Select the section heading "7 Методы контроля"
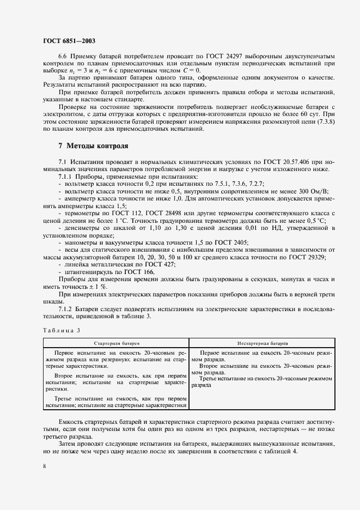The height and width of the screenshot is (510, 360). pyautogui.click(x=93, y=146)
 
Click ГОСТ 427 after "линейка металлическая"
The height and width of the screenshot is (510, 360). pyautogui.click(x=158, y=264)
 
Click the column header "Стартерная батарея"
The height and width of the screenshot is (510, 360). pyautogui.click(x=116, y=344)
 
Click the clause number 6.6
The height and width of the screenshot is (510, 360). pyautogui.click(x=63, y=57)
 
